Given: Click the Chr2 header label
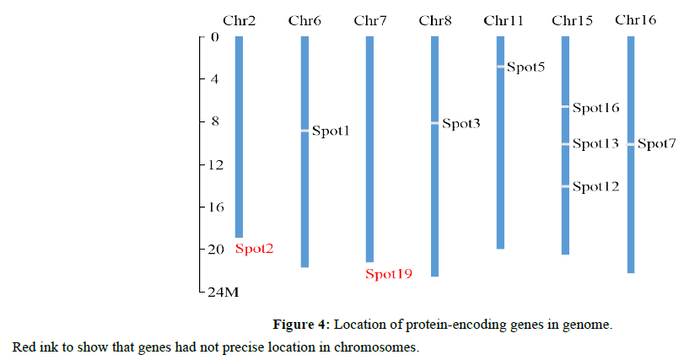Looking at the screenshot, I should point(239,20).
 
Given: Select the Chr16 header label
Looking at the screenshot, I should point(635,19).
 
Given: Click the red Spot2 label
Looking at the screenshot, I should point(254,249).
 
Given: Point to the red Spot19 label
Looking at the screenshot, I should point(388,273).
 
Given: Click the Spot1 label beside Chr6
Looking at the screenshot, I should point(330,131).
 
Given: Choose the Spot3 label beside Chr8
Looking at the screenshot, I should point(461,124).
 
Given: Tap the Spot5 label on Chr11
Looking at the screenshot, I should point(525,67).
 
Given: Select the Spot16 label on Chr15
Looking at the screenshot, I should point(595,108).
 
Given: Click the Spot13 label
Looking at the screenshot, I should point(595,144).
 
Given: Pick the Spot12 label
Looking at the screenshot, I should point(595,186).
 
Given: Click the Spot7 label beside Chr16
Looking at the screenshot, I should point(656,144).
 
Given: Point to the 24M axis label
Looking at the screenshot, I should point(224,293).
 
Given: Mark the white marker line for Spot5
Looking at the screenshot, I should point(500,66).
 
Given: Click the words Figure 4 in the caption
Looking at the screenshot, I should point(301,324).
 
